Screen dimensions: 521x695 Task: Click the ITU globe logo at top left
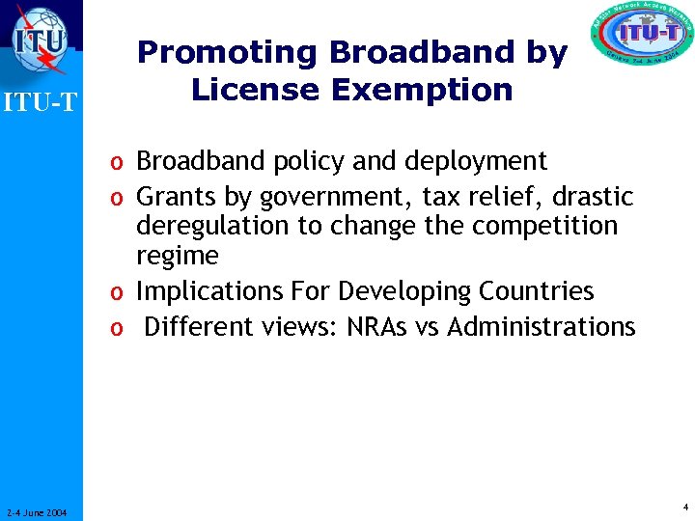pyautogui.click(x=41, y=40)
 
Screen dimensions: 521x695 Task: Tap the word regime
pyautogui.click(x=178, y=256)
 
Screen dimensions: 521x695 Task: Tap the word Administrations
pyautogui.click(x=542, y=327)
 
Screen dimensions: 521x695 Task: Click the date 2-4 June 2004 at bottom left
pyautogui.click(x=36, y=512)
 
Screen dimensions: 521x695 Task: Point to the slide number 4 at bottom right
pyautogui.click(x=684, y=506)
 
